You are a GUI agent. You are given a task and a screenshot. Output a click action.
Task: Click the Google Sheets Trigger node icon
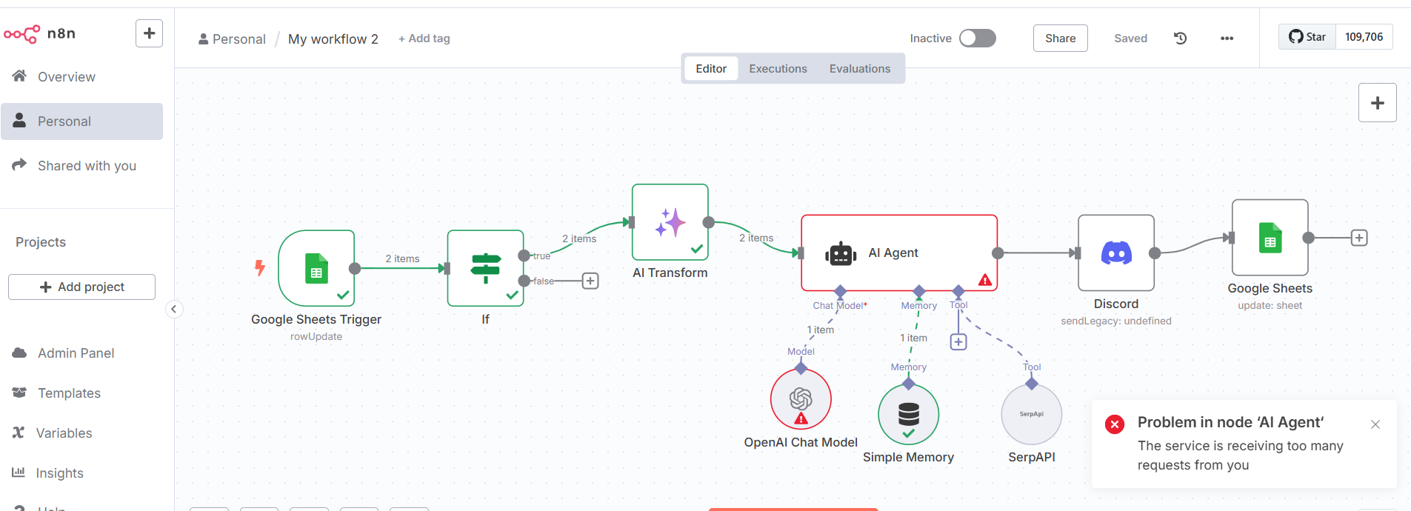(x=316, y=268)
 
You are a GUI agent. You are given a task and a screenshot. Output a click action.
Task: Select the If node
(x=485, y=268)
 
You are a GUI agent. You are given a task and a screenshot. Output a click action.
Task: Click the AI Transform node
(x=670, y=222)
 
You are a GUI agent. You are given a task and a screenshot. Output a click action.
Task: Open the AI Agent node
(x=898, y=253)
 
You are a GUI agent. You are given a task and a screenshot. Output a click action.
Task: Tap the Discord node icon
(x=1115, y=253)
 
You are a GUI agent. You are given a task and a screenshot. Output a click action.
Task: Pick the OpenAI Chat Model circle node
(x=801, y=399)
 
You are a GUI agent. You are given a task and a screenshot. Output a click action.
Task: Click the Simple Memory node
(x=908, y=414)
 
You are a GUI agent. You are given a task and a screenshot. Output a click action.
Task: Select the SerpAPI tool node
(x=1031, y=415)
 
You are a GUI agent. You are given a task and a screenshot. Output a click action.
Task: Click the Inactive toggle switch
(x=977, y=39)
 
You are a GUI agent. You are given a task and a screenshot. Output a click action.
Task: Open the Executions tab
(x=778, y=69)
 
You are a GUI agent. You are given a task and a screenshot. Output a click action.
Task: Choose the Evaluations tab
(x=859, y=69)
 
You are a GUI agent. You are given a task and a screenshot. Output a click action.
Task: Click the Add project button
(x=81, y=287)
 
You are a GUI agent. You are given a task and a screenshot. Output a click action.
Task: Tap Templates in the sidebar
(x=69, y=393)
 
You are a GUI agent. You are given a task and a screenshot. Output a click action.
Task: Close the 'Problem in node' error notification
(x=1375, y=424)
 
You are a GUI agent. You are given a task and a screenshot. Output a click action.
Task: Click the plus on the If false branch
(x=590, y=281)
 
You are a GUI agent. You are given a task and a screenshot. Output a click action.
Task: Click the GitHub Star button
(x=1307, y=37)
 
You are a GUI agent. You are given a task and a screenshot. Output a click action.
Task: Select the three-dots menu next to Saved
(x=1227, y=39)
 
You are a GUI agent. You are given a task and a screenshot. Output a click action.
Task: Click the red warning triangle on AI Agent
(x=984, y=280)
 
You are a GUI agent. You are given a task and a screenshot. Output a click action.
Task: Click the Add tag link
(x=424, y=39)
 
